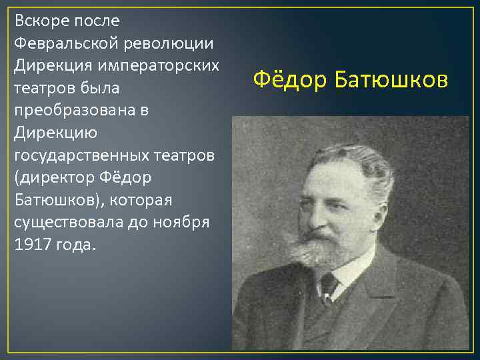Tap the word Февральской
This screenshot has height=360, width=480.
(62, 43)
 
